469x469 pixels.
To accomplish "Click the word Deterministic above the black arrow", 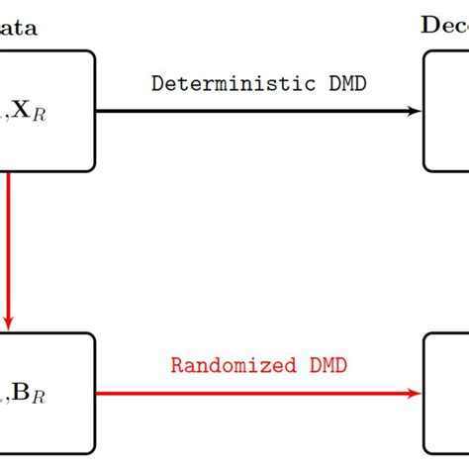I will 220,83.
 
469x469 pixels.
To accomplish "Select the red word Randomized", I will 230,365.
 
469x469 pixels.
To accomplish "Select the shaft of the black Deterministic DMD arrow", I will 247,110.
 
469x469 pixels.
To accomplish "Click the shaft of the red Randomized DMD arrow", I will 247,393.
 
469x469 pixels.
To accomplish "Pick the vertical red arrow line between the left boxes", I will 9,247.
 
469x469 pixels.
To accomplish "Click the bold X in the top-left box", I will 21,113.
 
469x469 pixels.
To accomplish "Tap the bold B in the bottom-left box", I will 21,396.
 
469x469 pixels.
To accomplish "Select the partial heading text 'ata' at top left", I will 19,28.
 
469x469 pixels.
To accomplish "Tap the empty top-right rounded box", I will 447,111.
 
